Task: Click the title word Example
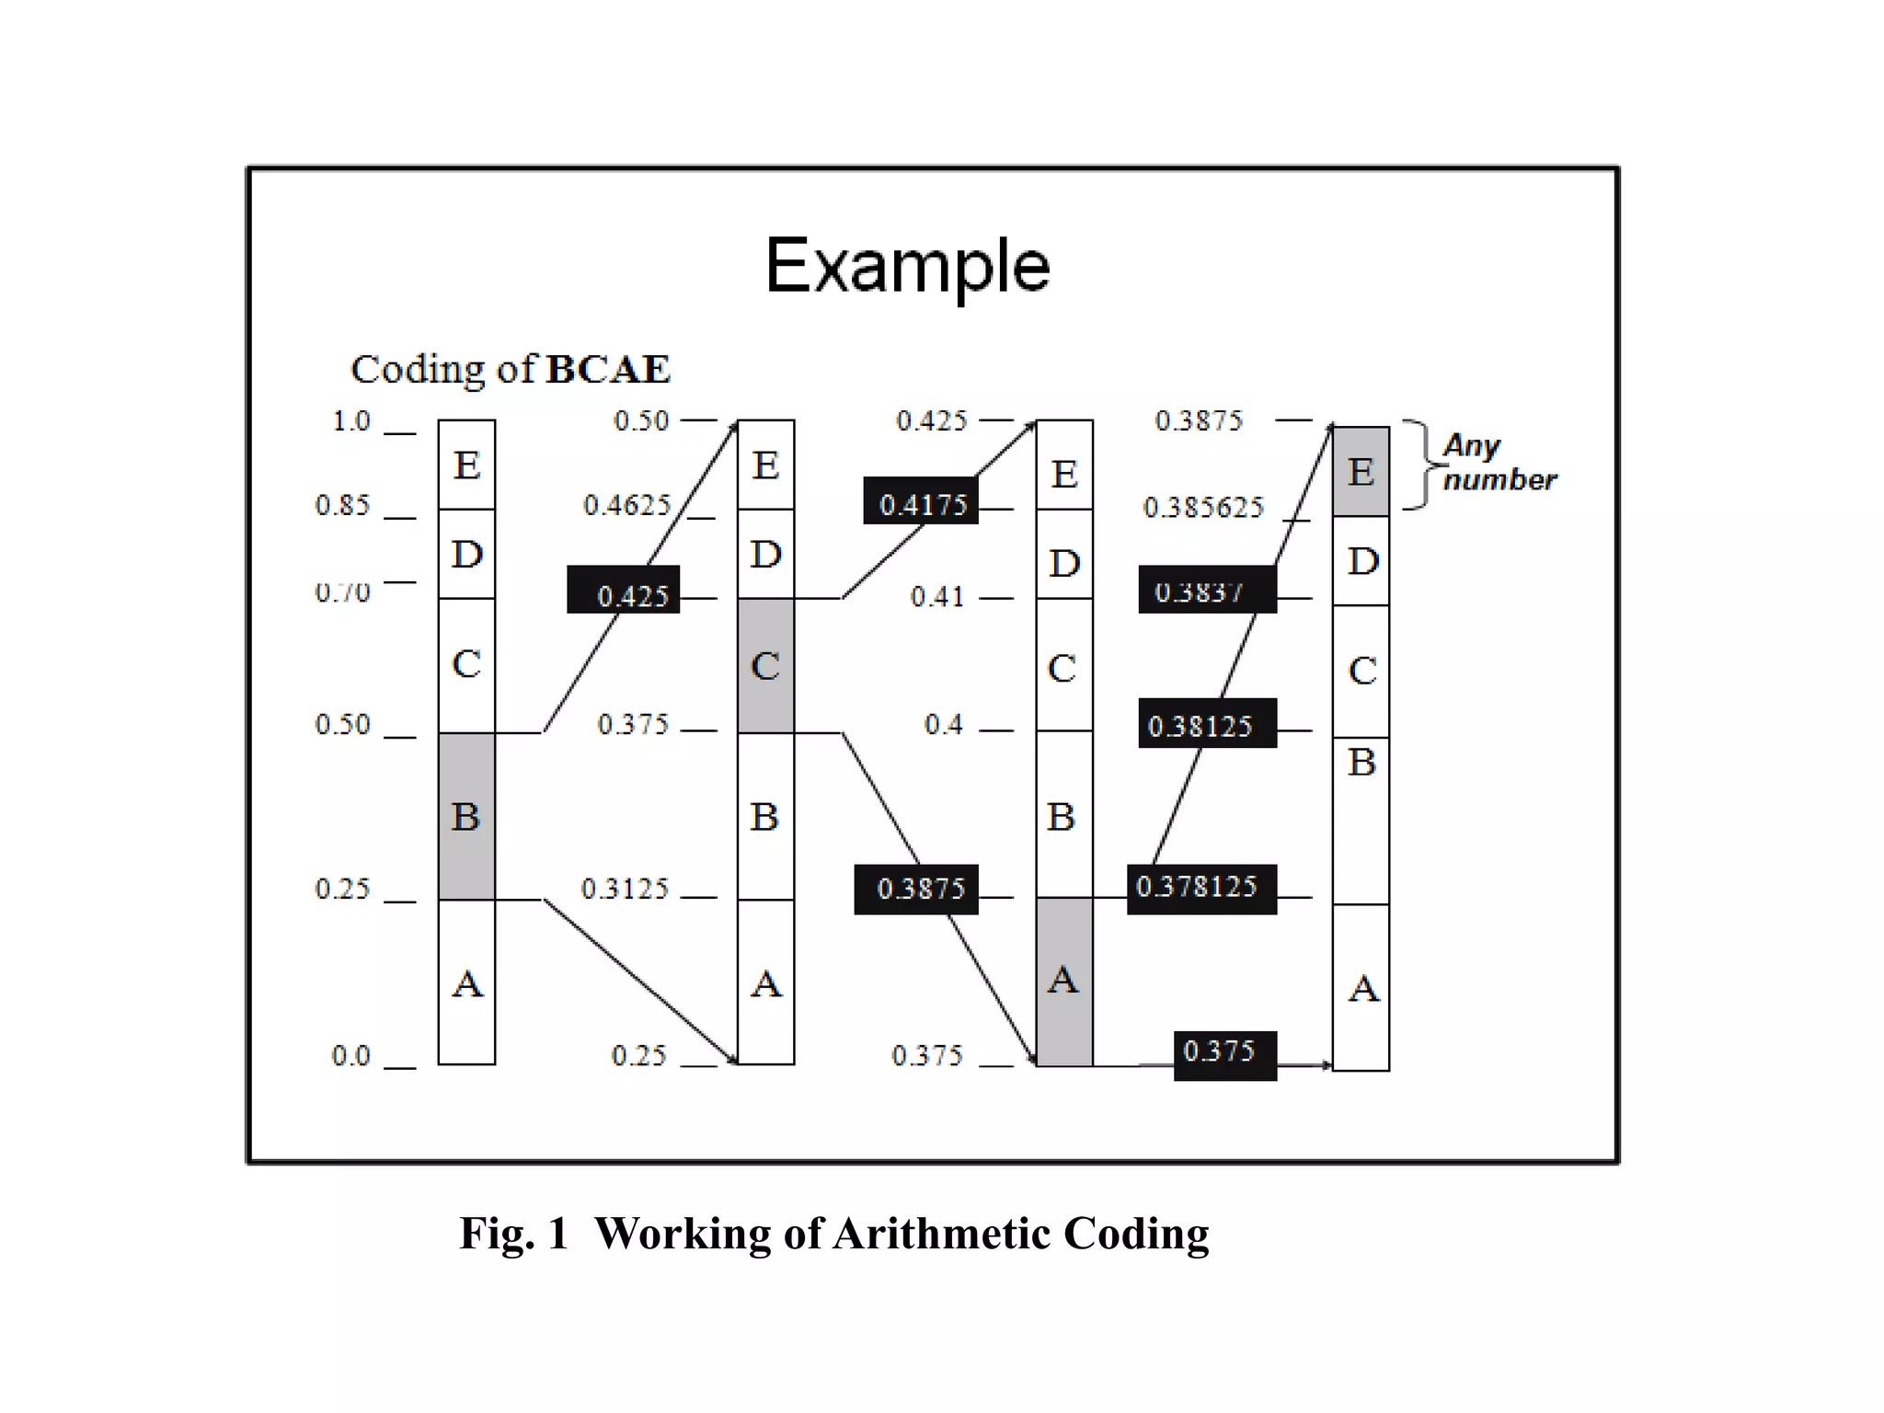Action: (907, 266)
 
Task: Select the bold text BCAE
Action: (608, 370)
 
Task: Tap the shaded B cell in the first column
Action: (466, 816)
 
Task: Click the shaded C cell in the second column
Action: (765, 665)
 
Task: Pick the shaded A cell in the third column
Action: (1064, 981)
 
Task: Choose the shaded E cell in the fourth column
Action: (1361, 471)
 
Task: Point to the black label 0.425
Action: (624, 591)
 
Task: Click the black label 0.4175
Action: (921, 501)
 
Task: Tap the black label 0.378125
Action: (1201, 889)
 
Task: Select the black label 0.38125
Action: (1207, 724)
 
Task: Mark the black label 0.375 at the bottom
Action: (1224, 1055)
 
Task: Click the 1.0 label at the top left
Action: (351, 421)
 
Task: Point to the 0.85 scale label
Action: (342, 505)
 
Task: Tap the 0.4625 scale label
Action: (627, 505)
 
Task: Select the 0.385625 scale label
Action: (1203, 507)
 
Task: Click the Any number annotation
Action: (1497, 463)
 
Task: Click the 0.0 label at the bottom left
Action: (351, 1055)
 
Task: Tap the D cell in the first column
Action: (466, 554)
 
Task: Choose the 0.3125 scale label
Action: (625, 889)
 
